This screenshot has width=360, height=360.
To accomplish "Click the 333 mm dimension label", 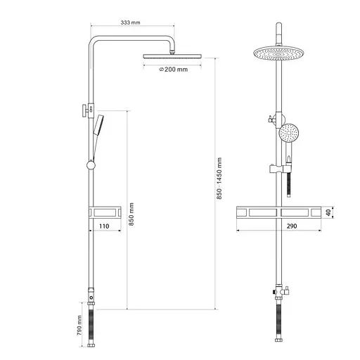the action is click(x=130, y=22).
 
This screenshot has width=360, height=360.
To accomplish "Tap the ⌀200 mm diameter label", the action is click(x=174, y=70).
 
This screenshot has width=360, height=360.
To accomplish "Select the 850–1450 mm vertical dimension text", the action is click(x=219, y=179).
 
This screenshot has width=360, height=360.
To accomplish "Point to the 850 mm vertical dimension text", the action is click(x=131, y=214).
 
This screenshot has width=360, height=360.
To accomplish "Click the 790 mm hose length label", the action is click(x=79, y=326).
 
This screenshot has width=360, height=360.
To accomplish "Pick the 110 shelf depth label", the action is click(x=104, y=226).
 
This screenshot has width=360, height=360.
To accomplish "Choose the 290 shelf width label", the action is click(x=292, y=226).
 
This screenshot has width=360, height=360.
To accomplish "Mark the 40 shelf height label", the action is click(x=328, y=212).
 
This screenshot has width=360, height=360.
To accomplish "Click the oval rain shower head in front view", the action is click(x=278, y=53).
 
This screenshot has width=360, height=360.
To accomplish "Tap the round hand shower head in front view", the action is click(x=289, y=133).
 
